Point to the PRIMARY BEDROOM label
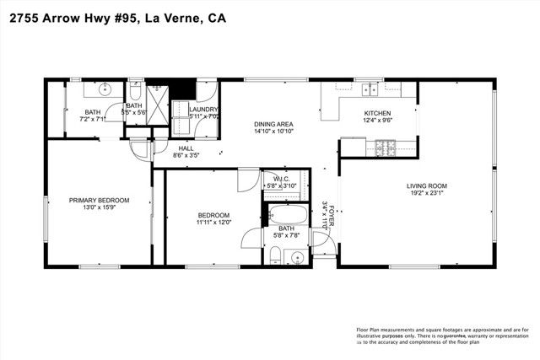tap(99, 200)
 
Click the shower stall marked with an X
tap(158, 94)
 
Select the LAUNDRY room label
tap(205, 110)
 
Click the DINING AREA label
tap(273, 125)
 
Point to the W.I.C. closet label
tap(282, 178)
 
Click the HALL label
tap(185, 148)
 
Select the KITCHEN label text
tap(377, 113)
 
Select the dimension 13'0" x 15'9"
tap(99, 208)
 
